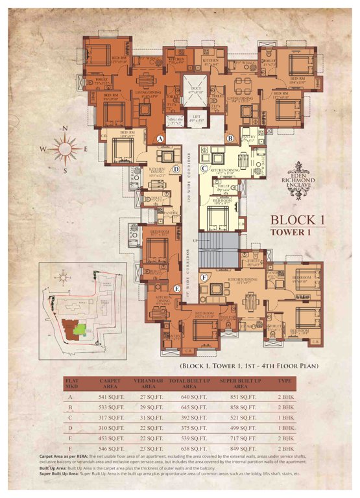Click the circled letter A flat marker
160,138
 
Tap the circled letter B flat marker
230,138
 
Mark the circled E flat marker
177,287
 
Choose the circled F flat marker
204,278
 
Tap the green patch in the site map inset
80,329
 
